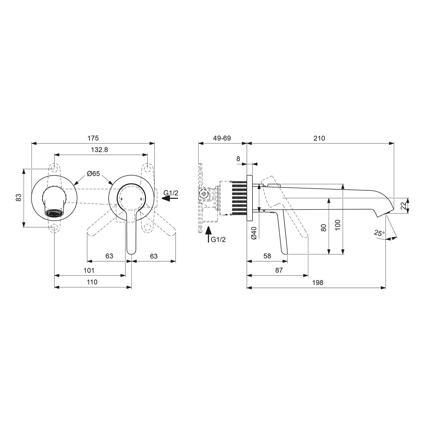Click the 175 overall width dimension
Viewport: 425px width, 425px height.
coord(93,138)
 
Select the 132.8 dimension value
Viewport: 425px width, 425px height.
coord(99,150)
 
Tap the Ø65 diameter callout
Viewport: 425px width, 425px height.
coord(93,173)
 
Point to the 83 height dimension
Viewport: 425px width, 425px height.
coord(18,197)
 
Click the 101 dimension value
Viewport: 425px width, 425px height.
coord(89,270)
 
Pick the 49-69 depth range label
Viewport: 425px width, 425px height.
coord(222,138)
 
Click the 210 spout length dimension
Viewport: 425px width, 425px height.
coord(319,138)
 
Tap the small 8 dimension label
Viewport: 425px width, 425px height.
coord(238,159)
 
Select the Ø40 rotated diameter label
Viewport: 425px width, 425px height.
coord(254,233)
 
